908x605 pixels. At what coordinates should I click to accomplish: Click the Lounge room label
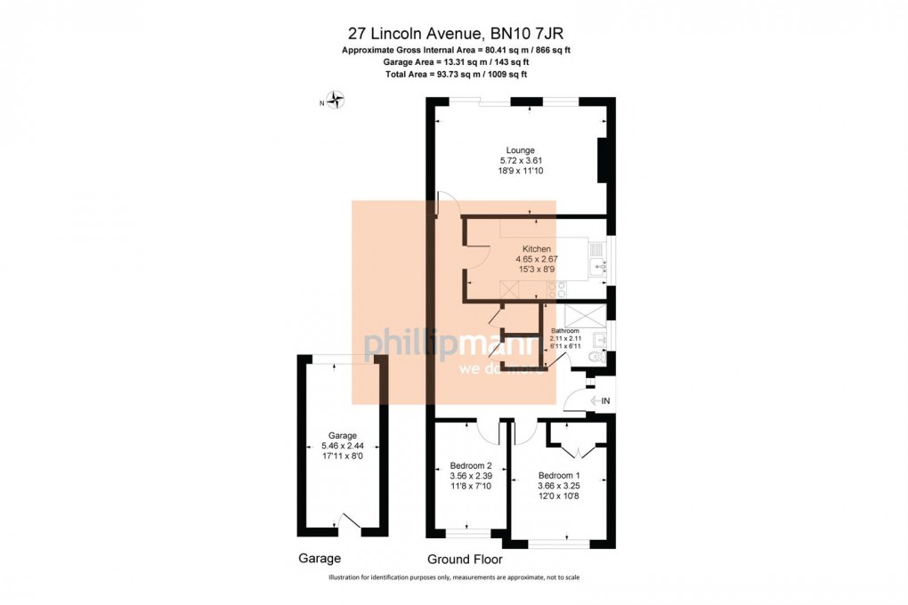[521, 150]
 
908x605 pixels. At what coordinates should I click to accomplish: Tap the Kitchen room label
[536, 249]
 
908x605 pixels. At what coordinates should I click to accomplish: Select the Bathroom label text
[564, 331]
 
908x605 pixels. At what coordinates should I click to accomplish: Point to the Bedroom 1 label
[559, 476]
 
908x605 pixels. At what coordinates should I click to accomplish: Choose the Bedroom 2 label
[471, 465]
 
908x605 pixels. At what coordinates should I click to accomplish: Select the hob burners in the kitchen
[561, 289]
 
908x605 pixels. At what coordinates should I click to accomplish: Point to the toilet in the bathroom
[596, 357]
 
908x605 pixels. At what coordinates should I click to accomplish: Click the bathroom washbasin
[599, 340]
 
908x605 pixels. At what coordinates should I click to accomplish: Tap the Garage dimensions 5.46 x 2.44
[343, 446]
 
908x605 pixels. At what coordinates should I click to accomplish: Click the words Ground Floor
[465, 560]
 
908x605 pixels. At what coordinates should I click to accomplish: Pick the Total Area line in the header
[457, 74]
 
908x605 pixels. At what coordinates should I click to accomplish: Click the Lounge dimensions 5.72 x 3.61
[521, 161]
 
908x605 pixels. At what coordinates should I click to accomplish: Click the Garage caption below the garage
[320, 559]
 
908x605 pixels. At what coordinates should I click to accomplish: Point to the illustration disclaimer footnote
[454, 577]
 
